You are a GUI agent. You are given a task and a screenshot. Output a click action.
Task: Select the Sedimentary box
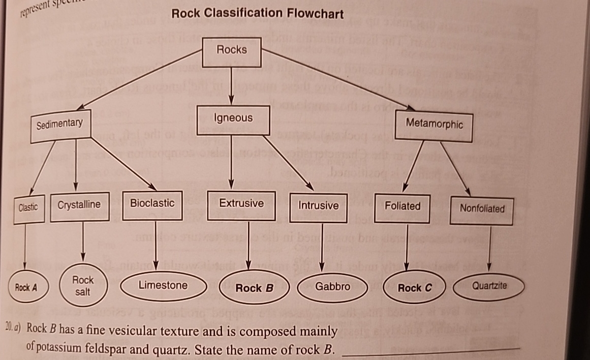tap(59, 124)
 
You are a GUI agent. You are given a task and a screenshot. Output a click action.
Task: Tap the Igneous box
tap(233, 118)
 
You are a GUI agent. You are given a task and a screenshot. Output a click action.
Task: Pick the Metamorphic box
tap(434, 124)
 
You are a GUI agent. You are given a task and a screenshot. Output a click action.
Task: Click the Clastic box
tap(27, 207)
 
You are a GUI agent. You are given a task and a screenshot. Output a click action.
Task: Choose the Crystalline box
tap(79, 205)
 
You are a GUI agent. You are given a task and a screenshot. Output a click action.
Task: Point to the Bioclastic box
tap(152, 204)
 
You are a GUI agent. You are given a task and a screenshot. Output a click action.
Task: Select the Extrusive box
tap(241, 204)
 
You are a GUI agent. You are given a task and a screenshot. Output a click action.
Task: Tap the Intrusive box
tap(318, 206)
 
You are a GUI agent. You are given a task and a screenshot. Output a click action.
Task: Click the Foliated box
tap(402, 207)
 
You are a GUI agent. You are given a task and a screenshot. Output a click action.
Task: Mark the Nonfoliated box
tap(482, 209)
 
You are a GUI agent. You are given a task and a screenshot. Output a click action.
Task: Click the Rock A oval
tap(26, 288)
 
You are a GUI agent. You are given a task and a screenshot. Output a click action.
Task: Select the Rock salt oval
tap(82, 286)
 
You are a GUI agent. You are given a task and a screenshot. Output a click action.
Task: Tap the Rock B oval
tap(254, 288)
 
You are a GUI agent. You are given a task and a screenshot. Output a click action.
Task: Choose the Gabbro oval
tap(332, 287)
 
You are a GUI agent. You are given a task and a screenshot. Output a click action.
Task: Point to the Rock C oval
tap(414, 288)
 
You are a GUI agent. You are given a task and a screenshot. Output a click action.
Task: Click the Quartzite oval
tap(489, 286)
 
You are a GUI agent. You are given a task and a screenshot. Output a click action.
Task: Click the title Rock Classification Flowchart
tap(258, 14)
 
